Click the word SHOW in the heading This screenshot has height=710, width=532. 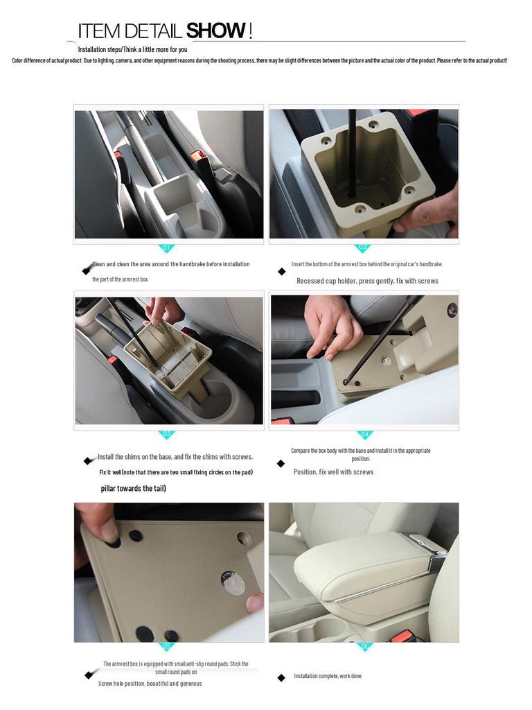coord(216,31)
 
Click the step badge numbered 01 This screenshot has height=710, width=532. coord(166,248)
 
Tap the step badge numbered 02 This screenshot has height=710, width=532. coord(362,248)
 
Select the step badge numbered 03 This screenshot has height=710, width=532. coord(166,435)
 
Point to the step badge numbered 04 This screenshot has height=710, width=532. coord(364,435)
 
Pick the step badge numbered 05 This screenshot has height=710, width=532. coord(166,646)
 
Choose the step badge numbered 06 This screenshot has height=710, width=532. coord(364,646)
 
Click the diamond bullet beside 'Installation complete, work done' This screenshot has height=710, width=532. coord(281,677)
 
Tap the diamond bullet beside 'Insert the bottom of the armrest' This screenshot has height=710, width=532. coord(281,271)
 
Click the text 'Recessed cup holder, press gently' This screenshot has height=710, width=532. coord(367,281)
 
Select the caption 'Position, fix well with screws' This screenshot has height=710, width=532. coord(333,472)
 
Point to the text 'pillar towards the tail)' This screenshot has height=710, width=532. coord(133,489)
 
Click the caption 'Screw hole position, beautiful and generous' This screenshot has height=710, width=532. coord(150,684)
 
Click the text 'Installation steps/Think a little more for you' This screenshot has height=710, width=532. coord(132,49)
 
